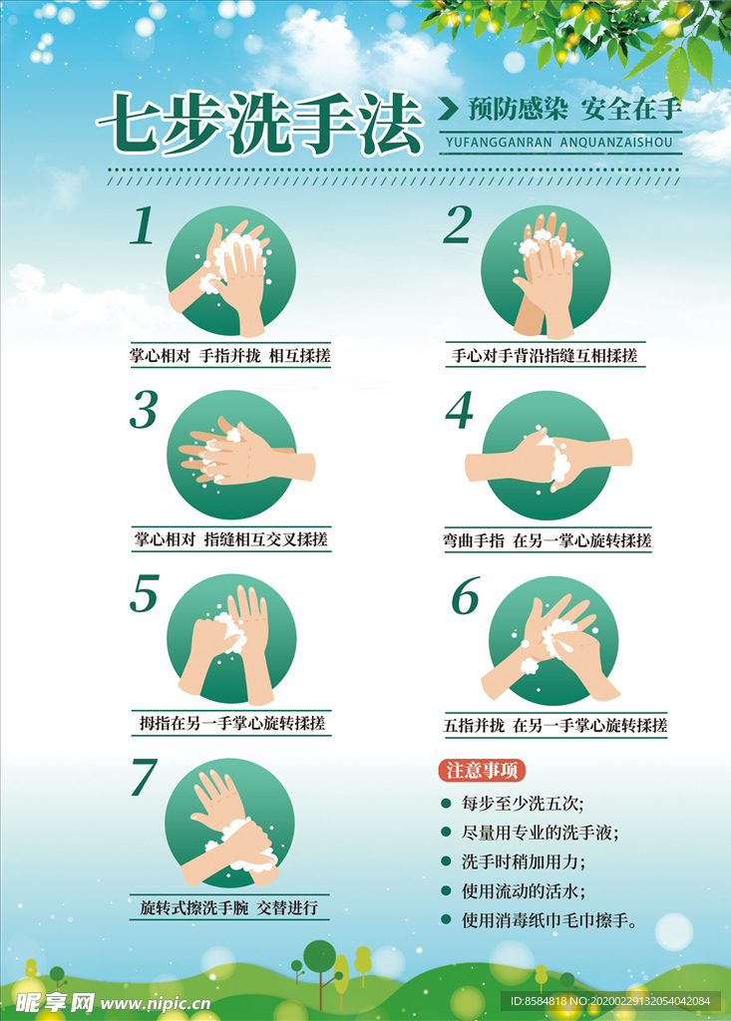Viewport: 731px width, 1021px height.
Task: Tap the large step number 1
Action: point(144,226)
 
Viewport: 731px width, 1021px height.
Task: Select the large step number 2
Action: point(457,226)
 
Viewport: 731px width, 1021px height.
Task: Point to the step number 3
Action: point(145,410)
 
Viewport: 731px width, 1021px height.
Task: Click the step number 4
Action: point(459,410)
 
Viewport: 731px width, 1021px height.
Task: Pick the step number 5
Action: point(145,594)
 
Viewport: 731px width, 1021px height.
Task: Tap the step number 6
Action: point(465,596)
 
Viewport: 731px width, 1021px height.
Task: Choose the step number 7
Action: point(145,779)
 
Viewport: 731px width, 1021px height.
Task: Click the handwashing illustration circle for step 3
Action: point(230,455)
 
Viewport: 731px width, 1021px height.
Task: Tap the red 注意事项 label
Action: point(482,771)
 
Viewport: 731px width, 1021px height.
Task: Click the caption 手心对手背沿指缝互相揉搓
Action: point(545,355)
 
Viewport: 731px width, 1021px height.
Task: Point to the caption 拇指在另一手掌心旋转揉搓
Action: point(232,723)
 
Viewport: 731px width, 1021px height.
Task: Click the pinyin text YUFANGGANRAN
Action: point(491,143)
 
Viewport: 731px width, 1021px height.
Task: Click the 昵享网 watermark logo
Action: point(54,1000)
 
